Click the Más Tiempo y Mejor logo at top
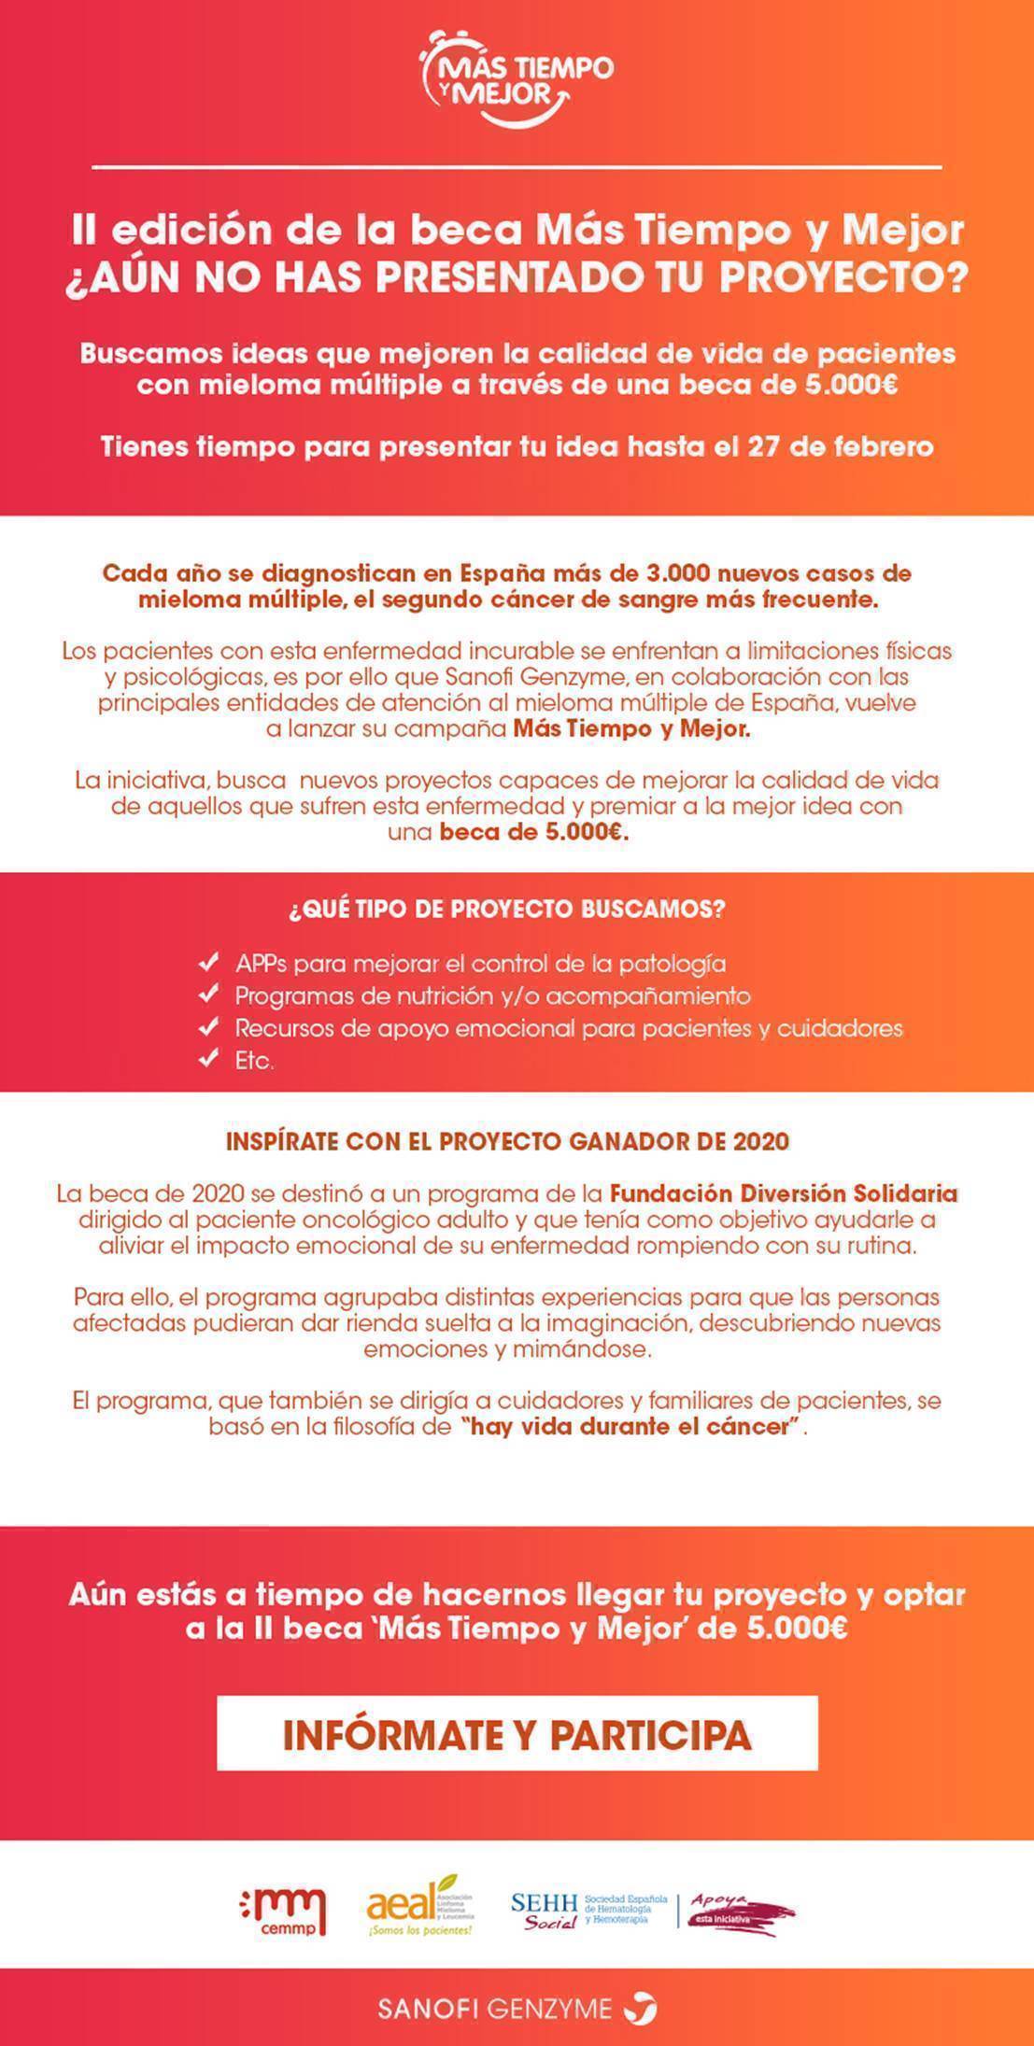[517, 78]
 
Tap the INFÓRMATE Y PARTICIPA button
[517, 1734]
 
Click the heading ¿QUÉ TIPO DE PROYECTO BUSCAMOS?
[506, 910]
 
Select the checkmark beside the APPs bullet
[209, 962]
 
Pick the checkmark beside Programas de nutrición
[209, 995]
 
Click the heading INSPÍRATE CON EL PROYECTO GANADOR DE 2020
[507, 1141]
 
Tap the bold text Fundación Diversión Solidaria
[784, 1193]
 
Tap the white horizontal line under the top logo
[517, 167]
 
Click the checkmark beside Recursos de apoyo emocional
[209, 1027]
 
